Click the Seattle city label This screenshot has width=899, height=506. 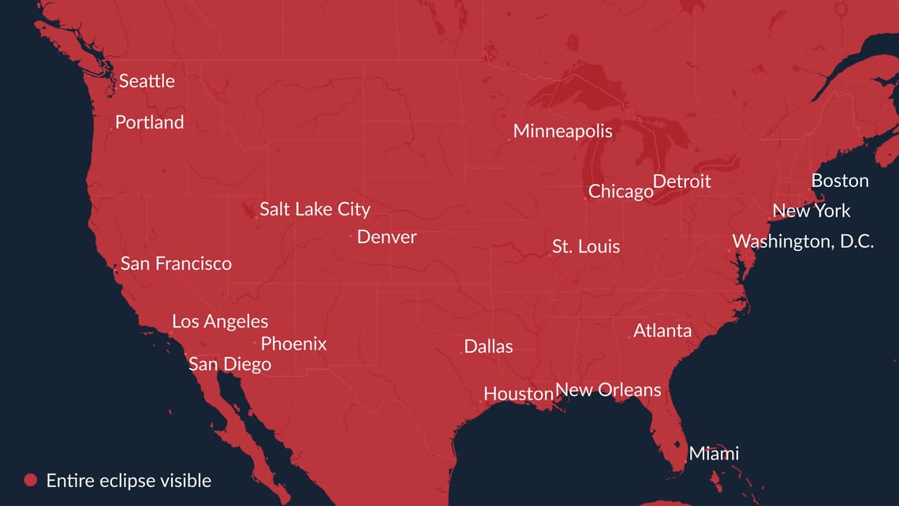pyautogui.click(x=147, y=81)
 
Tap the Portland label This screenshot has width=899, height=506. pyautogui.click(x=149, y=122)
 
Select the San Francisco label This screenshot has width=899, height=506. pyautogui.click(x=176, y=264)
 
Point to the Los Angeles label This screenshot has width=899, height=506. pyautogui.click(x=220, y=321)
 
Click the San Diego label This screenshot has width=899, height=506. pyautogui.click(x=229, y=364)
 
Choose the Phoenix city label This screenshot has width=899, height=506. pyautogui.click(x=293, y=343)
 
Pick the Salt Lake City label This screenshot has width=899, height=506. pyautogui.click(x=315, y=209)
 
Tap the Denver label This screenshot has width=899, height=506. pyautogui.click(x=386, y=237)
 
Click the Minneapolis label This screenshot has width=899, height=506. pyautogui.click(x=562, y=131)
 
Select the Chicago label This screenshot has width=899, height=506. pyautogui.click(x=621, y=191)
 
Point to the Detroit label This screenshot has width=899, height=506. pyautogui.click(x=681, y=182)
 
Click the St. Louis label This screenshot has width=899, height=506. pyautogui.click(x=586, y=246)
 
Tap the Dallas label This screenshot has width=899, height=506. pyautogui.click(x=488, y=347)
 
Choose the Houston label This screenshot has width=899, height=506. pyautogui.click(x=518, y=393)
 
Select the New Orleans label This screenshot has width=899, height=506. pyautogui.click(x=608, y=389)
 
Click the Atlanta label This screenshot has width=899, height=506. pyautogui.click(x=662, y=331)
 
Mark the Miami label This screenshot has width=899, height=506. pyautogui.click(x=714, y=453)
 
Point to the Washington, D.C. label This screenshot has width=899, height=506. pyautogui.click(x=803, y=242)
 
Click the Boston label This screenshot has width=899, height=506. pyautogui.click(x=840, y=181)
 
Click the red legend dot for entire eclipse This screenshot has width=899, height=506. pyautogui.click(x=31, y=480)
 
